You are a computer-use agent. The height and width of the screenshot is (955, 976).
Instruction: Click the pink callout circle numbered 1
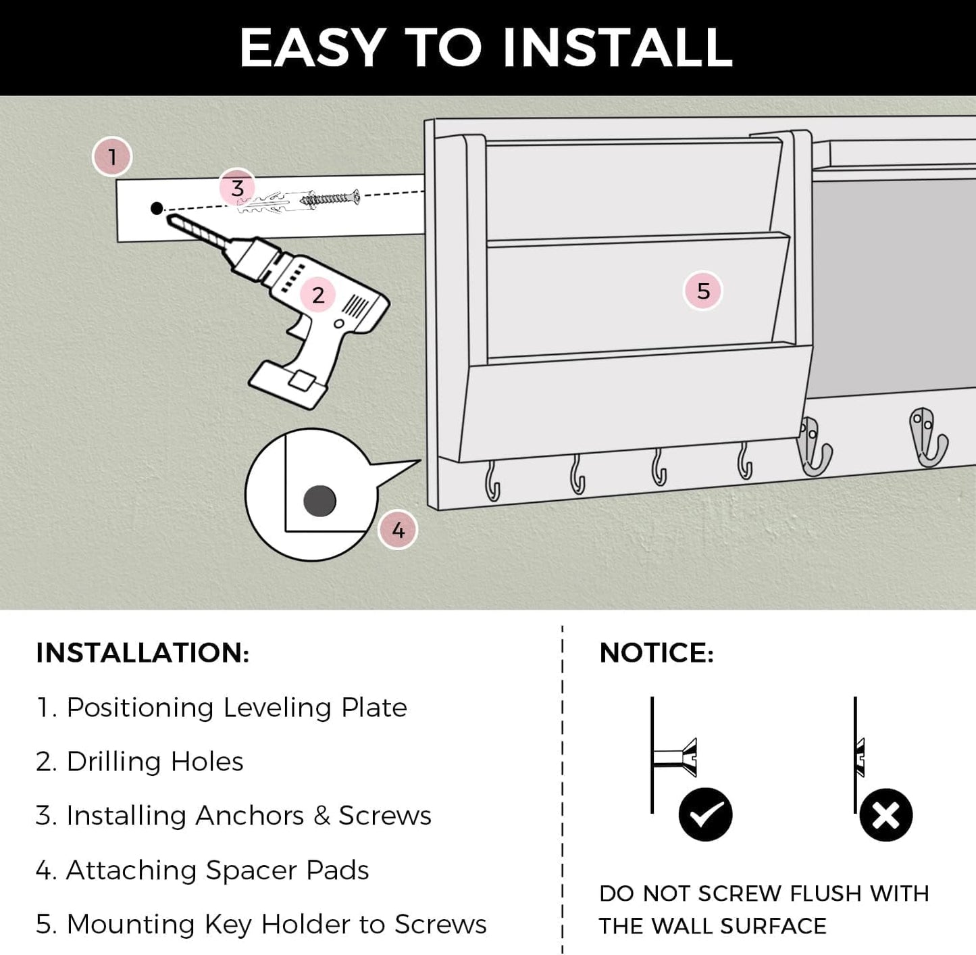point(112,157)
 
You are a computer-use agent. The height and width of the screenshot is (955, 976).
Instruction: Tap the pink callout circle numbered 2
point(318,295)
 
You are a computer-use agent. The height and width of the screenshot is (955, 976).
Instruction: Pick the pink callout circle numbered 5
point(702,291)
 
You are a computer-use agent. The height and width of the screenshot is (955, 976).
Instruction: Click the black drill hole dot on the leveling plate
point(157,207)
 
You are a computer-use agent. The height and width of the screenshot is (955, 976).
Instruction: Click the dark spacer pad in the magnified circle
point(319,501)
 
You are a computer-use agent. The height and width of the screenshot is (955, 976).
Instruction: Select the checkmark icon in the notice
point(705,814)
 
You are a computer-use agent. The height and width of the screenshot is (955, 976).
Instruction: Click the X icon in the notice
point(885,814)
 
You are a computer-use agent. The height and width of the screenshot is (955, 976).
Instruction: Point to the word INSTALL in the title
point(617,48)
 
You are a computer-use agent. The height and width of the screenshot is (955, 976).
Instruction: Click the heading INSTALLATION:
point(143,653)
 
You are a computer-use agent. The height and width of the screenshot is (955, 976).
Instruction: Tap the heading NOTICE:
point(657,653)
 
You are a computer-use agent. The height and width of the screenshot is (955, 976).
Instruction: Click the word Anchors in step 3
point(250,816)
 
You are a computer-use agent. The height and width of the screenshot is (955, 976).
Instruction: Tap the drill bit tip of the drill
point(169,218)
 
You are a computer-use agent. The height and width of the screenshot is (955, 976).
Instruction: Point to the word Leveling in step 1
point(277,708)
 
